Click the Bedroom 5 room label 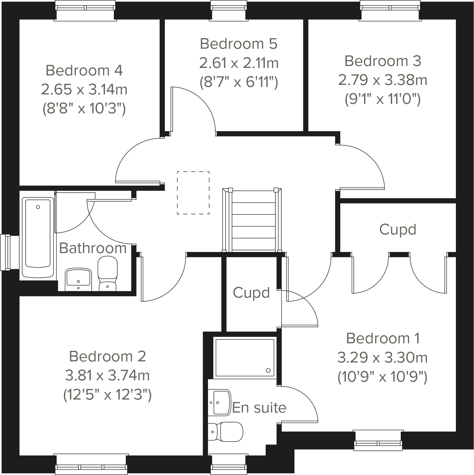point(239,44)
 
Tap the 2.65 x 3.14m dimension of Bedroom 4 point(84,90)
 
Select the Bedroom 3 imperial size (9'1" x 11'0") point(382,99)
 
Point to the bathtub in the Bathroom point(38,237)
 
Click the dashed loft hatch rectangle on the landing point(193,193)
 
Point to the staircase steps point(254,220)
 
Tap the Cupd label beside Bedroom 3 point(398,230)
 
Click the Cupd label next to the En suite point(251,293)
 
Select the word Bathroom point(93,248)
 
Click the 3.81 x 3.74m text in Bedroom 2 point(107,375)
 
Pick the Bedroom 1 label point(383,338)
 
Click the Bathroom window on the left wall point(6,253)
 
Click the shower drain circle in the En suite point(268,370)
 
